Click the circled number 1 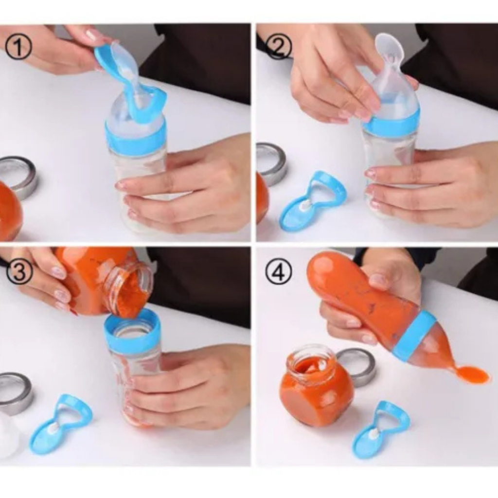tap(19, 47)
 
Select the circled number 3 tap(19, 271)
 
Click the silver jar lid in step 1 tap(19, 177)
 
